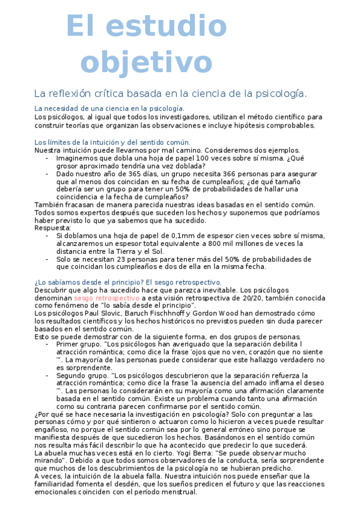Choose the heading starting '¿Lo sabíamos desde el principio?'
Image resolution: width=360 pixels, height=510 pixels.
(x=127, y=282)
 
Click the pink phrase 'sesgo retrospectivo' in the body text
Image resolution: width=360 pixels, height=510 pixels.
(x=107, y=298)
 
